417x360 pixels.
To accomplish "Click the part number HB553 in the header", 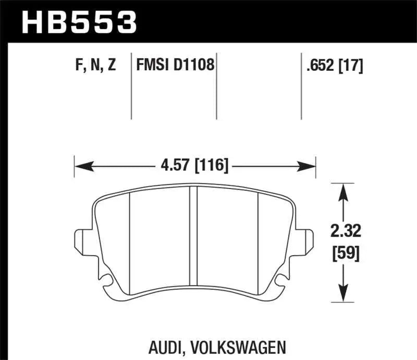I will point(78,22).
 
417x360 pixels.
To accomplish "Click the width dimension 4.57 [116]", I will point(195,167).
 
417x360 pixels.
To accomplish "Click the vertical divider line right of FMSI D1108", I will point(216,86).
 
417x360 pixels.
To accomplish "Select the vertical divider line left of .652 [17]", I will point(301,86).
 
